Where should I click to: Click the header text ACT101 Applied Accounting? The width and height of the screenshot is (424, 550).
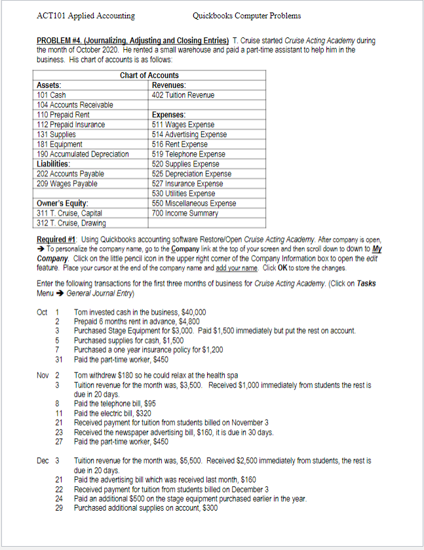(86, 16)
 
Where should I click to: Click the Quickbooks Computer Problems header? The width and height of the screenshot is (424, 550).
(247, 16)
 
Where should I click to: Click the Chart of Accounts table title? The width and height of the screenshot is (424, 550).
(149, 75)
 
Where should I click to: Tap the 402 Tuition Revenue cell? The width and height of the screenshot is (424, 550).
(183, 95)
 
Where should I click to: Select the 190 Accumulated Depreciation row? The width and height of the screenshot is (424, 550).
(83, 154)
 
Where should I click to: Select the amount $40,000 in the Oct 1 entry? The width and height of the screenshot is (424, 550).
(193, 312)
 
